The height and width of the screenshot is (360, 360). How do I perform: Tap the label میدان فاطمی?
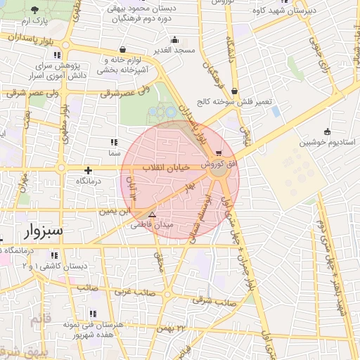tap(152, 225)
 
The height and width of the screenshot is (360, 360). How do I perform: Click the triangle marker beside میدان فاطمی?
tap(152, 214)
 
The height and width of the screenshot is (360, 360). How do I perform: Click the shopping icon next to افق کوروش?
tap(220, 152)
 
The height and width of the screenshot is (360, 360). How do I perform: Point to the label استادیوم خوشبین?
tap(327, 142)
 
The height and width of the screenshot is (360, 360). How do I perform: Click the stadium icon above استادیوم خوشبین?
tap(327, 131)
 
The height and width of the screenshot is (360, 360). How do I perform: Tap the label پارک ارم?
tap(36, 22)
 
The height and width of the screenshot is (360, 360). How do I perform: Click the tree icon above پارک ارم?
tap(36, 10)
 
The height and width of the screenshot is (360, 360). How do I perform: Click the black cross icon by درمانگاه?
tap(88, 170)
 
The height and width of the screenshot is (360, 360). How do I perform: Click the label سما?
tap(113, 152)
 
